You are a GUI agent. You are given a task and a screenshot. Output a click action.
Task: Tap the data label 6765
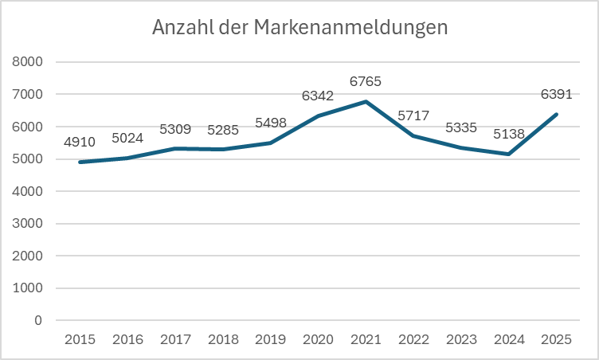366,81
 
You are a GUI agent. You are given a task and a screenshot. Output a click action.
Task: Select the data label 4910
80,143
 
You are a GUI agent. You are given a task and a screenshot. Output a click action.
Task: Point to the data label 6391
556,94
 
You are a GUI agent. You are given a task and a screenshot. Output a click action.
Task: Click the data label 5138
509,134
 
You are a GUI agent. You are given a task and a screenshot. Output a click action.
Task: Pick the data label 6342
318,96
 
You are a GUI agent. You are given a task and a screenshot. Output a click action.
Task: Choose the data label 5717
413,115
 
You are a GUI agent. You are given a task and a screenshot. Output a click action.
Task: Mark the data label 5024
127,139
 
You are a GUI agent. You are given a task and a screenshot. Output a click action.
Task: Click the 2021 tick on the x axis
366,339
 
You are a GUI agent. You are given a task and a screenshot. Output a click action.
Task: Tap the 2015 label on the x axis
80,339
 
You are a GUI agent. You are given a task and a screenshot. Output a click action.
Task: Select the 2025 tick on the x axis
556,339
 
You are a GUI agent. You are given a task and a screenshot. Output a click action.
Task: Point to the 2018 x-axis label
222,339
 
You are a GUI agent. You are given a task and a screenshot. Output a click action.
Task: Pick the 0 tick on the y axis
38,321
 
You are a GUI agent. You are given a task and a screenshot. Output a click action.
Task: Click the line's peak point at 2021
366,102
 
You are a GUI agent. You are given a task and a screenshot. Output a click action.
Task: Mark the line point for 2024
509,154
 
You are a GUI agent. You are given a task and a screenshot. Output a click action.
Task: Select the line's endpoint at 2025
556,114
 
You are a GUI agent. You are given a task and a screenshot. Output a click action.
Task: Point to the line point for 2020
318,115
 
